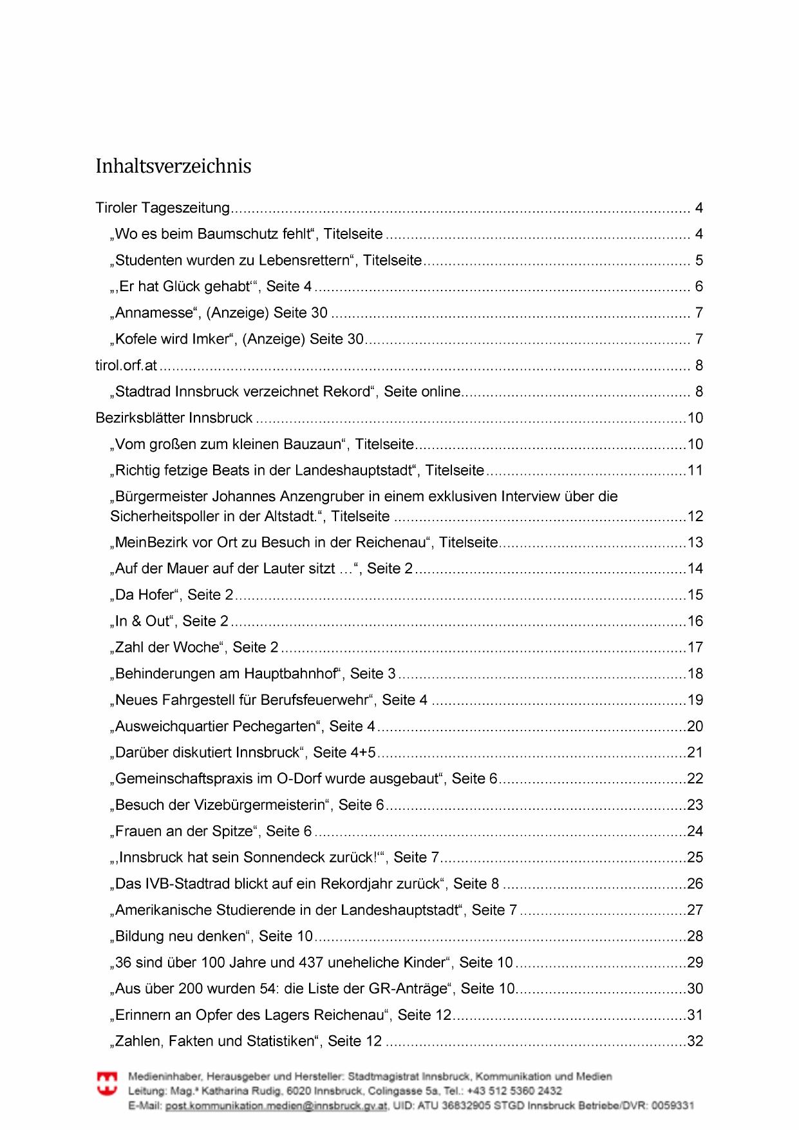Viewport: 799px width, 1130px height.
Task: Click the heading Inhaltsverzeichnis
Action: tap(173, 166)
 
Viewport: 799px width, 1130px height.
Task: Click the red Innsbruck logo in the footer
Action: tap(107, 1083)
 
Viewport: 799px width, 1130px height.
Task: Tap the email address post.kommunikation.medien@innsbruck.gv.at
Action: tap(276, 1106)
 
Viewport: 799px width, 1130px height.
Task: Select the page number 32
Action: tap(695, 1041)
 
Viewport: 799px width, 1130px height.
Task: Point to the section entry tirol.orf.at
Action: tap(126, 365)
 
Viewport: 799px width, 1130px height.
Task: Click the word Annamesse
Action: tap(154, 313)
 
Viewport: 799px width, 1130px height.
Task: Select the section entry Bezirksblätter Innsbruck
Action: tap(174, 418)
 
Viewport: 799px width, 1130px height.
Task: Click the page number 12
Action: tap(695, 516)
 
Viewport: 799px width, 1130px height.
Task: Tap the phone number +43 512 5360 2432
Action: tap(514, 1091)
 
